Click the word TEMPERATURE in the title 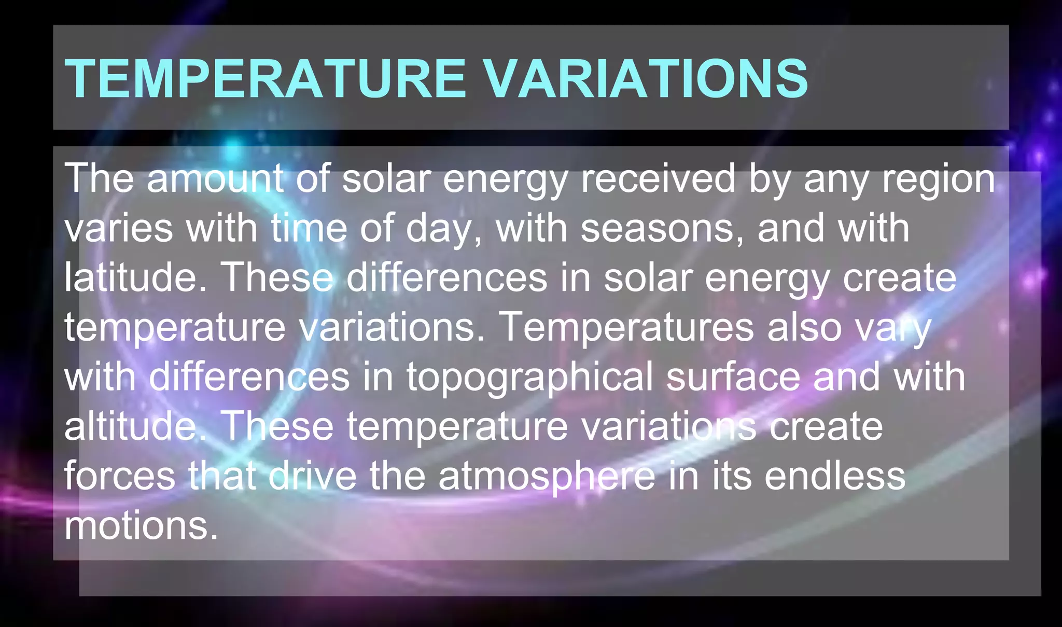click(x=265, y=78)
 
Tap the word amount click(x=215, y=178)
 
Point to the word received click(x=658, y=178)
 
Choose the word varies click(x=119, y=228)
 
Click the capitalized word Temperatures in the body click(x=627, y=327)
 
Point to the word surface click(x=733, y=377)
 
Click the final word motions click(x=141, y=525)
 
